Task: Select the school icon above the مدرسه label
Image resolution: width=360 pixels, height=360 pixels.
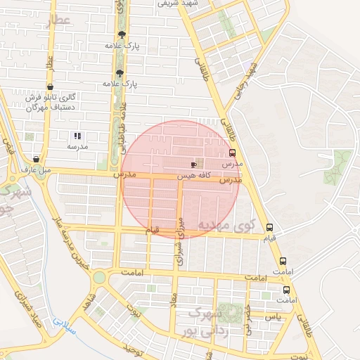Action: point(77,136)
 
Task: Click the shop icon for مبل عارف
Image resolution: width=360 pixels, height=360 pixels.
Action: point(36,159)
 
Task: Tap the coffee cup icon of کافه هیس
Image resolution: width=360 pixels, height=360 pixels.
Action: point(194,164)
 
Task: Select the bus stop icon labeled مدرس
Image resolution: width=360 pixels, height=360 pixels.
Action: point(232,153)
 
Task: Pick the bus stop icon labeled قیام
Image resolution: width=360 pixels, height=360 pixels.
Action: point(269,227)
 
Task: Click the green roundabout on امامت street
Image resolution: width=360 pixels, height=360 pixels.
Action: point(99,278)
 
